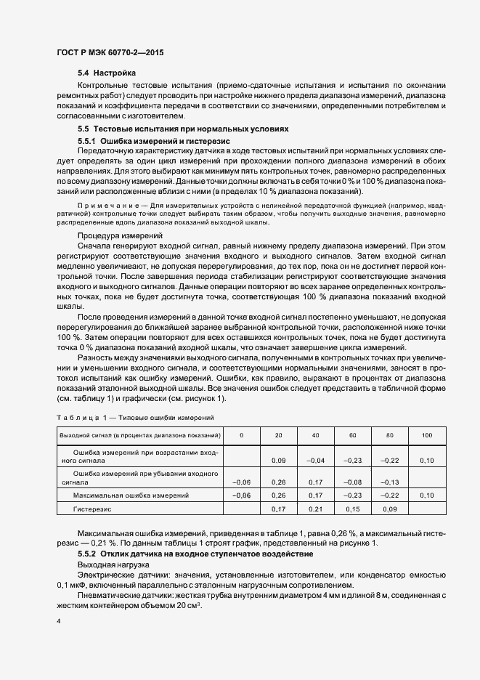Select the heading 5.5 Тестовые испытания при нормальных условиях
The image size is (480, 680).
(x=183, y=129)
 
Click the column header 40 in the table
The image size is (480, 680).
(x=315, y=434)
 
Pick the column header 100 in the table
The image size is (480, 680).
(x=426, y=434)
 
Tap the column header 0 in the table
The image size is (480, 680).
(x=241, y=434)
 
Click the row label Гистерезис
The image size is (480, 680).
(x=91, y=509)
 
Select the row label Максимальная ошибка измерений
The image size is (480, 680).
(x=131, y=495)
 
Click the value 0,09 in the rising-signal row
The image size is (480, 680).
(x=278, y=461)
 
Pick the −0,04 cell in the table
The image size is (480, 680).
(x=315, y=461)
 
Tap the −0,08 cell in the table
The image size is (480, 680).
(x=352, y=481)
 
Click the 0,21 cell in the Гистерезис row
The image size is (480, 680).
(x=315, y=509)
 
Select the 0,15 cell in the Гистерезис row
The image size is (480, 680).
(x=352, y=509)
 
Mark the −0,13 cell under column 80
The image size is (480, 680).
(x=389, y=481)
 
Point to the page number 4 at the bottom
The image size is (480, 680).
(x=59, y=622)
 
